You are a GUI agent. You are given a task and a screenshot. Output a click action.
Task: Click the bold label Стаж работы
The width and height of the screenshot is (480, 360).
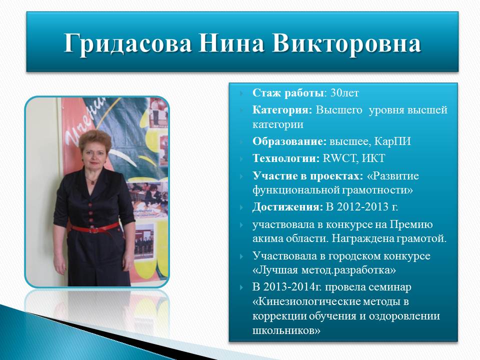[288, 93]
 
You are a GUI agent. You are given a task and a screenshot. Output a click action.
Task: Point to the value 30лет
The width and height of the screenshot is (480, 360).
[344, 93]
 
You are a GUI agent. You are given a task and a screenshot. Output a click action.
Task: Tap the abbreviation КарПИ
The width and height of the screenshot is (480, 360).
[392, 141]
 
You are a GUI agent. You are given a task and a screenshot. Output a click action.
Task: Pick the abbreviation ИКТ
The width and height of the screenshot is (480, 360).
[373, 158]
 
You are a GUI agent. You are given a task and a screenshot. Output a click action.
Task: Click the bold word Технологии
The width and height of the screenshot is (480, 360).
[286, 158]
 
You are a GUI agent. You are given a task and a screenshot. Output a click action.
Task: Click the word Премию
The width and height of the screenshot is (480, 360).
[411, 224]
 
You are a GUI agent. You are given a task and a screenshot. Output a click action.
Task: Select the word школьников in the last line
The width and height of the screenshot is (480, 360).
[286, 330]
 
